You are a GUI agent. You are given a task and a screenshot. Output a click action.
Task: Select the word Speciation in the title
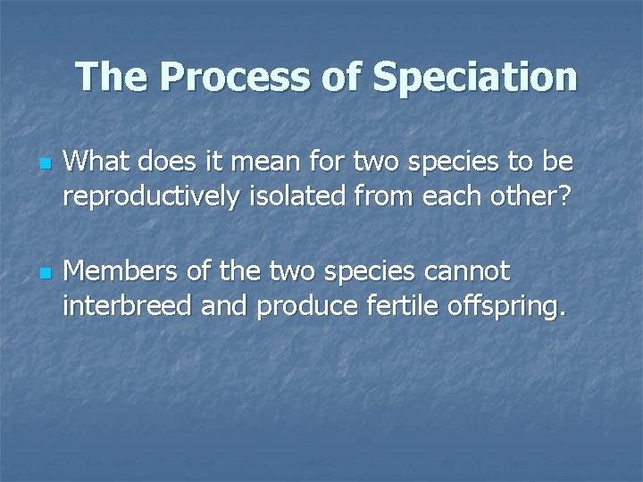[475, 78]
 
